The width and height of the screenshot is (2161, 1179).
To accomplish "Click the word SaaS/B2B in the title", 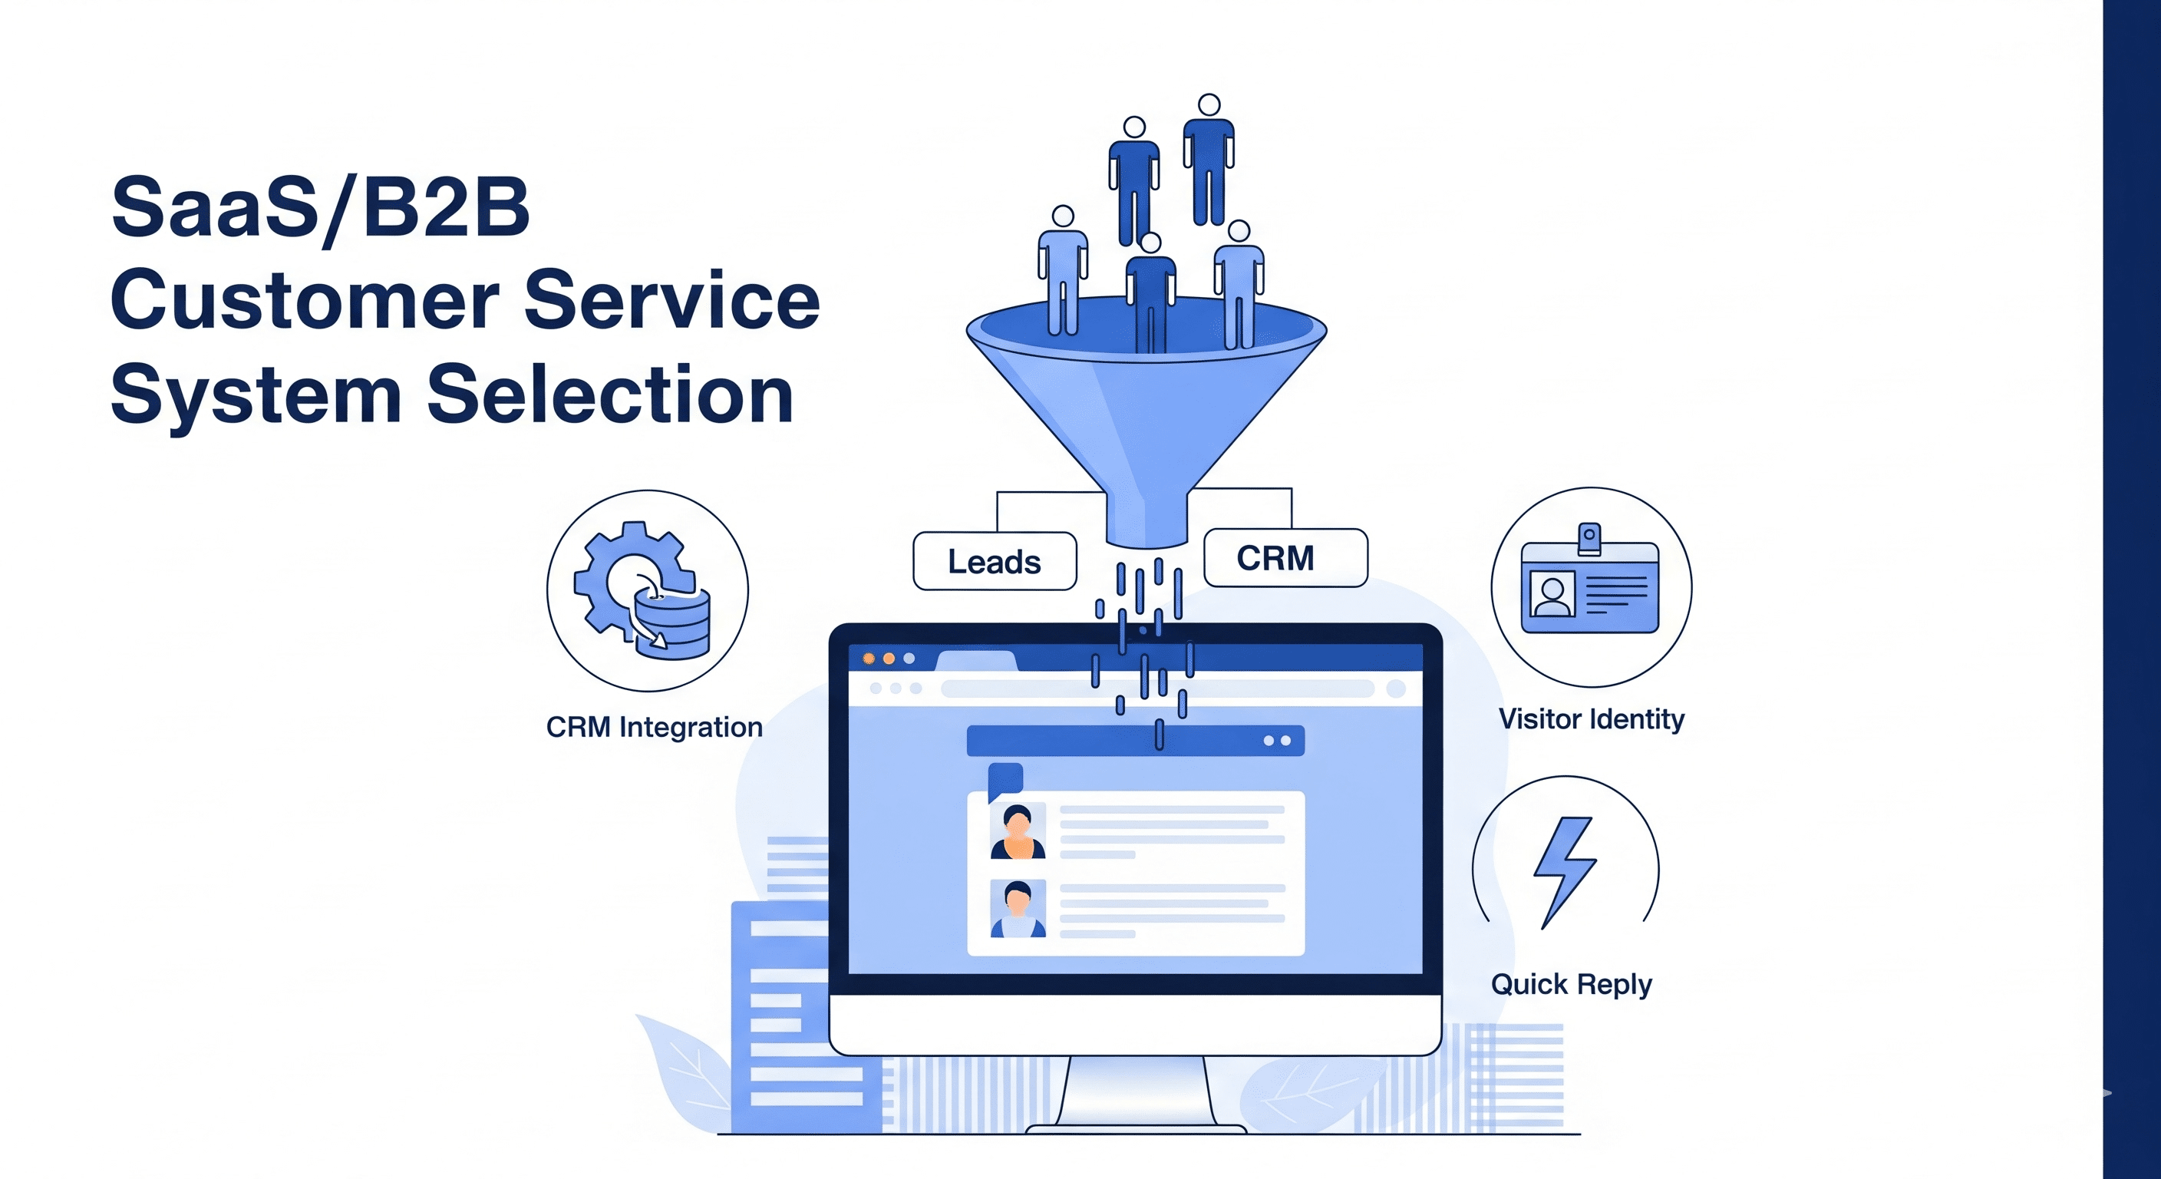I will pos(321,207).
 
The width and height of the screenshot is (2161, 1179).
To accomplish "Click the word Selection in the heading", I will pos(610,395).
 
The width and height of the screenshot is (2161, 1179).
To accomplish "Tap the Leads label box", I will pos(994,561).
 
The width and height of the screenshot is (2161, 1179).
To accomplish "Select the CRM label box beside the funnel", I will pos(1285,558).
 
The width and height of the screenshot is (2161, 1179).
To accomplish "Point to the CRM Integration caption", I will pos(655,727).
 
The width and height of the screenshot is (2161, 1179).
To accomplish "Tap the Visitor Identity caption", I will pos(1592,719).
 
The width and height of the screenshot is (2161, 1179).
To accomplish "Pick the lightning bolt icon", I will pos(1565,871).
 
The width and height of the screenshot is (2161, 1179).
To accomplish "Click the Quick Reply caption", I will pos(1572,983).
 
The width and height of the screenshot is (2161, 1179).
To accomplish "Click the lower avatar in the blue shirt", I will pos(1018,909).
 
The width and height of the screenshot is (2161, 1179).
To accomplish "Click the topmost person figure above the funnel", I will pos(1209,160).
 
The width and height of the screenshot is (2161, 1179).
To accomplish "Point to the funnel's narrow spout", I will pos(1146,522).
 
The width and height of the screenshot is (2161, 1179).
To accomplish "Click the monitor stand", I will pos(1137,1091).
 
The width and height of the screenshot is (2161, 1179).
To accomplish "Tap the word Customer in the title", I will pos(305,300).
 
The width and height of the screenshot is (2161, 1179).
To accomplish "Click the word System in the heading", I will pos(256,395).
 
